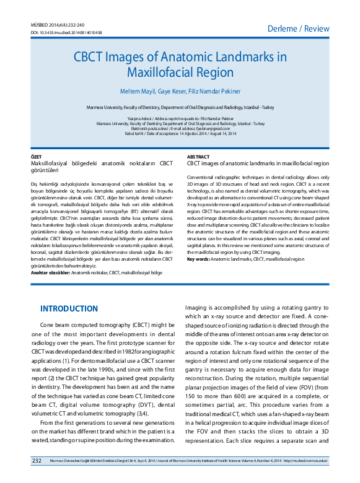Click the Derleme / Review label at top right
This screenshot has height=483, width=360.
click(x=299, y=28)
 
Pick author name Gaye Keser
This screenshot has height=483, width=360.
click(x=172, y=91)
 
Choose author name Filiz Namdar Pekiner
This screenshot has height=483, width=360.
click(x=214, y=91)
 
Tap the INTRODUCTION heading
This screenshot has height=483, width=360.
click(x=69, y=308)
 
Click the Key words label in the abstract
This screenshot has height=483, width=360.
click(x=198, y=259)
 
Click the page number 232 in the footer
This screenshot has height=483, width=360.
click(x=37, y=461)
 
